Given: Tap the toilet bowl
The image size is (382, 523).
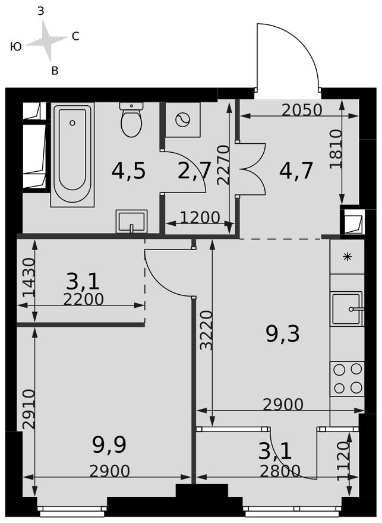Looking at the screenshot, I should click(131, 121).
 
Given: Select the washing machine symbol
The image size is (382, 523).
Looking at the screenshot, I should click(182, 120).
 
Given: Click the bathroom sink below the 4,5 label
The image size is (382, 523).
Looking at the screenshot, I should click(131, 222).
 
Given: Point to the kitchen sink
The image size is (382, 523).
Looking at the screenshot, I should click(346, 308).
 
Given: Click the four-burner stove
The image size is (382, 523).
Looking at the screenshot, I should click(348, 379).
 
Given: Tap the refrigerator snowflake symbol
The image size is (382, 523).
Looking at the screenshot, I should click(347, 257).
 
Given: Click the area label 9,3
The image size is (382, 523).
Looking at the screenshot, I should click(283, 335).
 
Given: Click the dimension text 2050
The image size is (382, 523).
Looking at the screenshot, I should click(302, 110).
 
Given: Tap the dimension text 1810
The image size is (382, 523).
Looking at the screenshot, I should click(336, 149).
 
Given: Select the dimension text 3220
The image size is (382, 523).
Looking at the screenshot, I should click(206, 330).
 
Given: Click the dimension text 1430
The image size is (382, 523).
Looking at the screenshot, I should click(24, 278).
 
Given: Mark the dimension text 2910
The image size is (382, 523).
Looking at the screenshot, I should click(26, 409).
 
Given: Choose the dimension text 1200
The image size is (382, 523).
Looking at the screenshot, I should click(200, 218).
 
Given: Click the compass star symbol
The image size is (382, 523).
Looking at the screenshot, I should click(46, 40).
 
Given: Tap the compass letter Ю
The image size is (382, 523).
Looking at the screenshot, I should click(16, 46).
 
